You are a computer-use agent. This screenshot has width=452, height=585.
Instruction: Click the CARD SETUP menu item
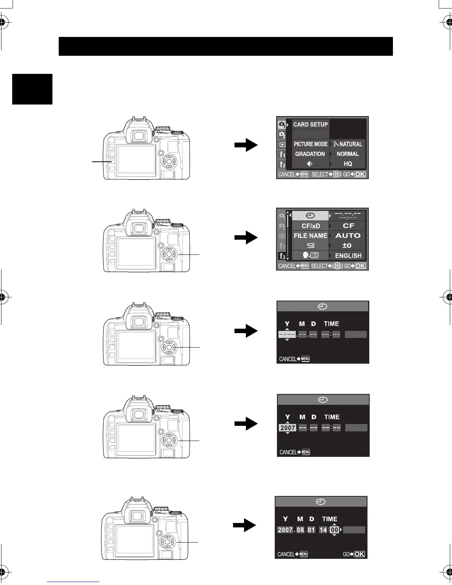[310, 124]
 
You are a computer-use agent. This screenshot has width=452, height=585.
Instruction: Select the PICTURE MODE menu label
[311, 144]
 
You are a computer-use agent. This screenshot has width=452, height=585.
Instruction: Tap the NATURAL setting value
[348, 144]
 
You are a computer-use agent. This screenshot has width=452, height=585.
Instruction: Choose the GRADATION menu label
[310, 154]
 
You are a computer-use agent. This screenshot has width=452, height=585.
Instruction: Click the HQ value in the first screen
[348, 164]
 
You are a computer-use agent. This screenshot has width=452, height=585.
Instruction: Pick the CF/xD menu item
[311, 226]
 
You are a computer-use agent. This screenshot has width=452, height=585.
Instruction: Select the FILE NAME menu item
[311, 236]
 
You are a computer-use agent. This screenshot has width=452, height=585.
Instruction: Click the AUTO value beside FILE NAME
[348, 236]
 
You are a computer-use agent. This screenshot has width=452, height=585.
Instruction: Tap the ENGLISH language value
[348, 256]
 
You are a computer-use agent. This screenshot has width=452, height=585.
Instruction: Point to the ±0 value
[347, 246]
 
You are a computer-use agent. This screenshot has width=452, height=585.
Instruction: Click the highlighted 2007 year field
[288, 428]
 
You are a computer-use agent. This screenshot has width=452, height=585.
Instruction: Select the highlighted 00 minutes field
[334, 530]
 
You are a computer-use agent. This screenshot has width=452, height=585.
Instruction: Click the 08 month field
[301, 530]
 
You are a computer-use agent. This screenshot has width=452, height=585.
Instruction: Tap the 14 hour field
[323, 530]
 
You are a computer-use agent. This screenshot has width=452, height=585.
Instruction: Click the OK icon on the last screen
[359, 554]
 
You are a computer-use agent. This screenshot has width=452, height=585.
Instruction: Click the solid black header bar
[225, 46]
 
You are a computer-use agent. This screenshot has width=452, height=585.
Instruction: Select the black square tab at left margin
[32, 89]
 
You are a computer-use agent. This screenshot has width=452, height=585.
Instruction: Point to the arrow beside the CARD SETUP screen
[246, 145]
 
